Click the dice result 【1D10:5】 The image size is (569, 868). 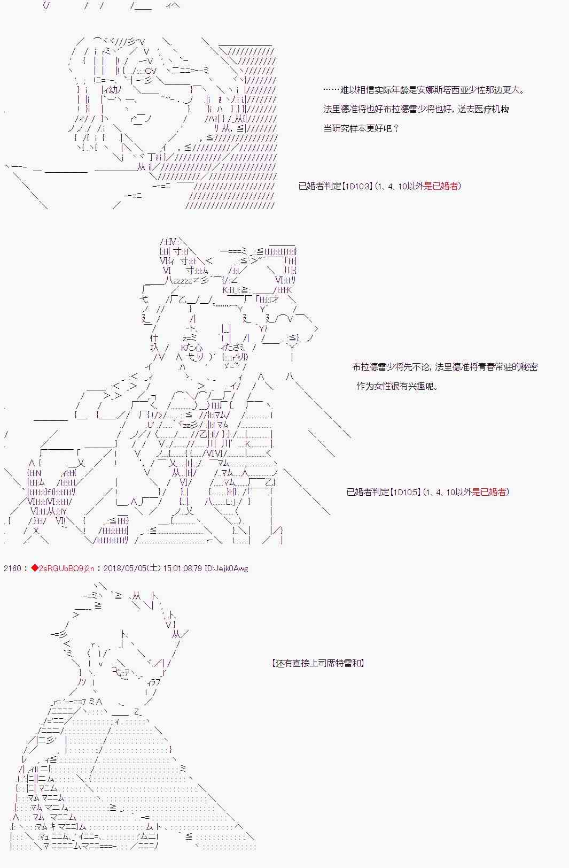point(406,492)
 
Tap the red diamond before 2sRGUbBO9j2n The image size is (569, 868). point(35,568)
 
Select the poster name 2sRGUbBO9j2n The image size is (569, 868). point(67,569)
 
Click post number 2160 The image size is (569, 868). point(12,569)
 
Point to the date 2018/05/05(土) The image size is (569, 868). point(132,569)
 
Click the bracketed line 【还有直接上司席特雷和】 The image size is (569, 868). point(318,663)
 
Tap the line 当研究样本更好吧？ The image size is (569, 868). point(361,128)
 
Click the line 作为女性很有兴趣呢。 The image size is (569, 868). point(397,386)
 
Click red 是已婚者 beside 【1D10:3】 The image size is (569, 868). point(440,186)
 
